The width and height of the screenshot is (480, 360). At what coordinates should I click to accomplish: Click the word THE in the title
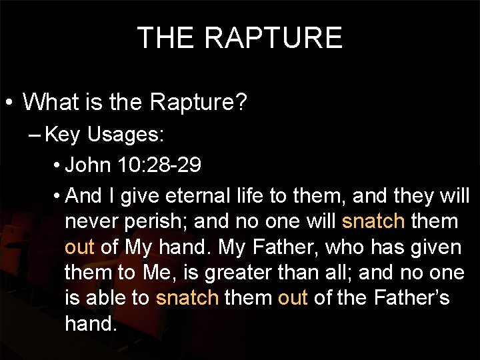(x=166, y=38)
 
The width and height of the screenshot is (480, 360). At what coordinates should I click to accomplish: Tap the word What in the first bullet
(x=50, y=102)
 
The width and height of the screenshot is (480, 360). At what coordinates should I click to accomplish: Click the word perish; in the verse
(x=137, y=221)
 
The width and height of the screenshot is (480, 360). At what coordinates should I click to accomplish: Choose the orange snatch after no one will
(x=373, y=221)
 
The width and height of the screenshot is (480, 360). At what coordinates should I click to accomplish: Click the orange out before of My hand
(x=79, y=247)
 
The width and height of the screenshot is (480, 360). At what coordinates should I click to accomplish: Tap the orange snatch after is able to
(x=187, y=297)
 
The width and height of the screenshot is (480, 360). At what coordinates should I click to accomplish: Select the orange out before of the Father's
(x=293, y=297)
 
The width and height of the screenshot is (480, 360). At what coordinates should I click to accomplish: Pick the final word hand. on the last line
(x=91, y=323)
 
